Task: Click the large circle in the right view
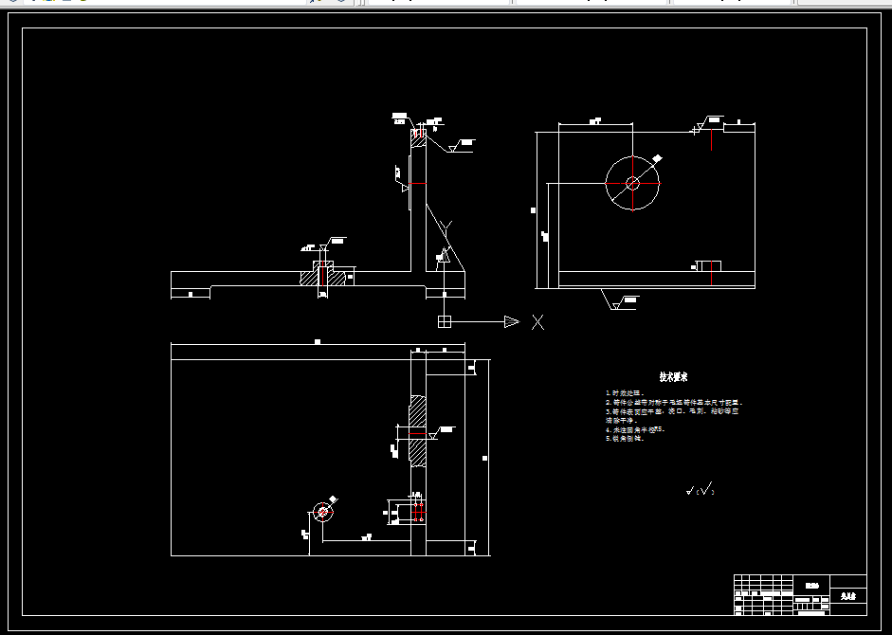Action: click(x=632, y=183)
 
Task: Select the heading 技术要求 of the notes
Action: click(x=673, y=377)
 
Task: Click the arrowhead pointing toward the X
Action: click(x=511, y=322)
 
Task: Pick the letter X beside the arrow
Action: click(x=538, y=322)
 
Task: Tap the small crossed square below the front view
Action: click(x=444, y=322)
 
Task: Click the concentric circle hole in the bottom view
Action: click(x=323, y=512)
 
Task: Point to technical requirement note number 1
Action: click(x=627, y=392)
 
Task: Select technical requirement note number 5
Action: click(x=628, y=439)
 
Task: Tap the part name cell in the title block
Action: click(x=847, y=597)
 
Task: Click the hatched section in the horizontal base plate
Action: click(x=322, y=278)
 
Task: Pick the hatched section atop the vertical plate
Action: click(x=418, y=136)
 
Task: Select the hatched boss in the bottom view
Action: click(x=417, y=432)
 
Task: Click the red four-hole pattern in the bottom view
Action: click(x=418, y=513)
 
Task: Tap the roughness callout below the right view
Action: click(x=627, y=301)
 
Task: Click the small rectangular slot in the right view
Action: click(x=709, y=265)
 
